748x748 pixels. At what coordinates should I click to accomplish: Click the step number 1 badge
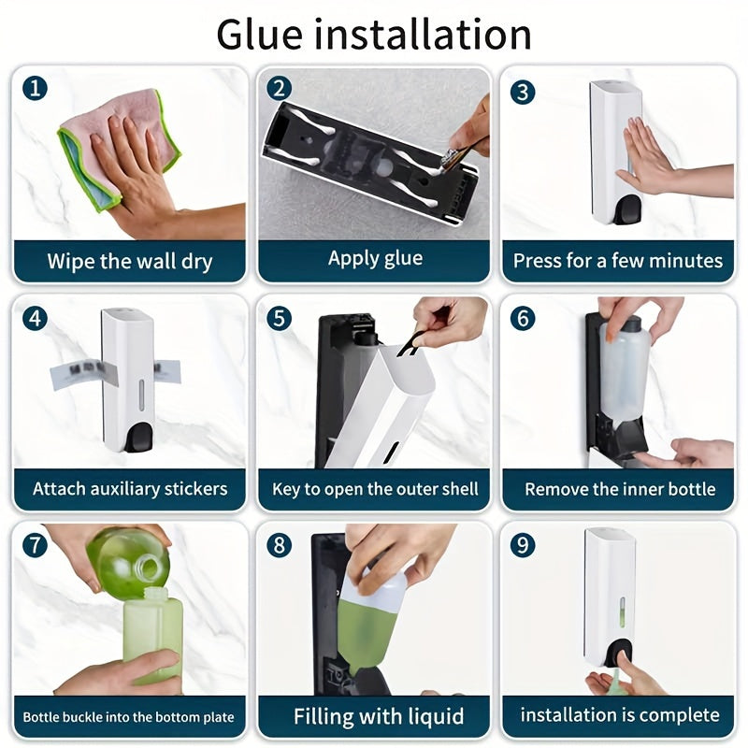tap(35, 88)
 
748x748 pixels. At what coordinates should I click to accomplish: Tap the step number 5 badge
tap(279, 319)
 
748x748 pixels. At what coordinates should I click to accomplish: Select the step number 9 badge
tap(523, 545)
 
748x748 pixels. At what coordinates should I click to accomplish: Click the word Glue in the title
tap(259, 35)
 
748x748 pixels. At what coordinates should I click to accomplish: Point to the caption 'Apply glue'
tap(375, 258)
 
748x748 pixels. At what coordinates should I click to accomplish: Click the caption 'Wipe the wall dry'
tap(130, 262)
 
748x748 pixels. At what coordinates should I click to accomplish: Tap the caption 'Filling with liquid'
tap(379, 716)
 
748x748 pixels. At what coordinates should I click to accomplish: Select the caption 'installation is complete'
tap(620, 715)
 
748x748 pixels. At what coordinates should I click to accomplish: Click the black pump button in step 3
tap(626, 209)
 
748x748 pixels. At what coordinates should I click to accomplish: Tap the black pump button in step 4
tap(138, 438)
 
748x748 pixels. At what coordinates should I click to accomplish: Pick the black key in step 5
tap(410, 343)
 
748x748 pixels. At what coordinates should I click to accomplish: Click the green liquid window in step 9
tap(622, 612)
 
